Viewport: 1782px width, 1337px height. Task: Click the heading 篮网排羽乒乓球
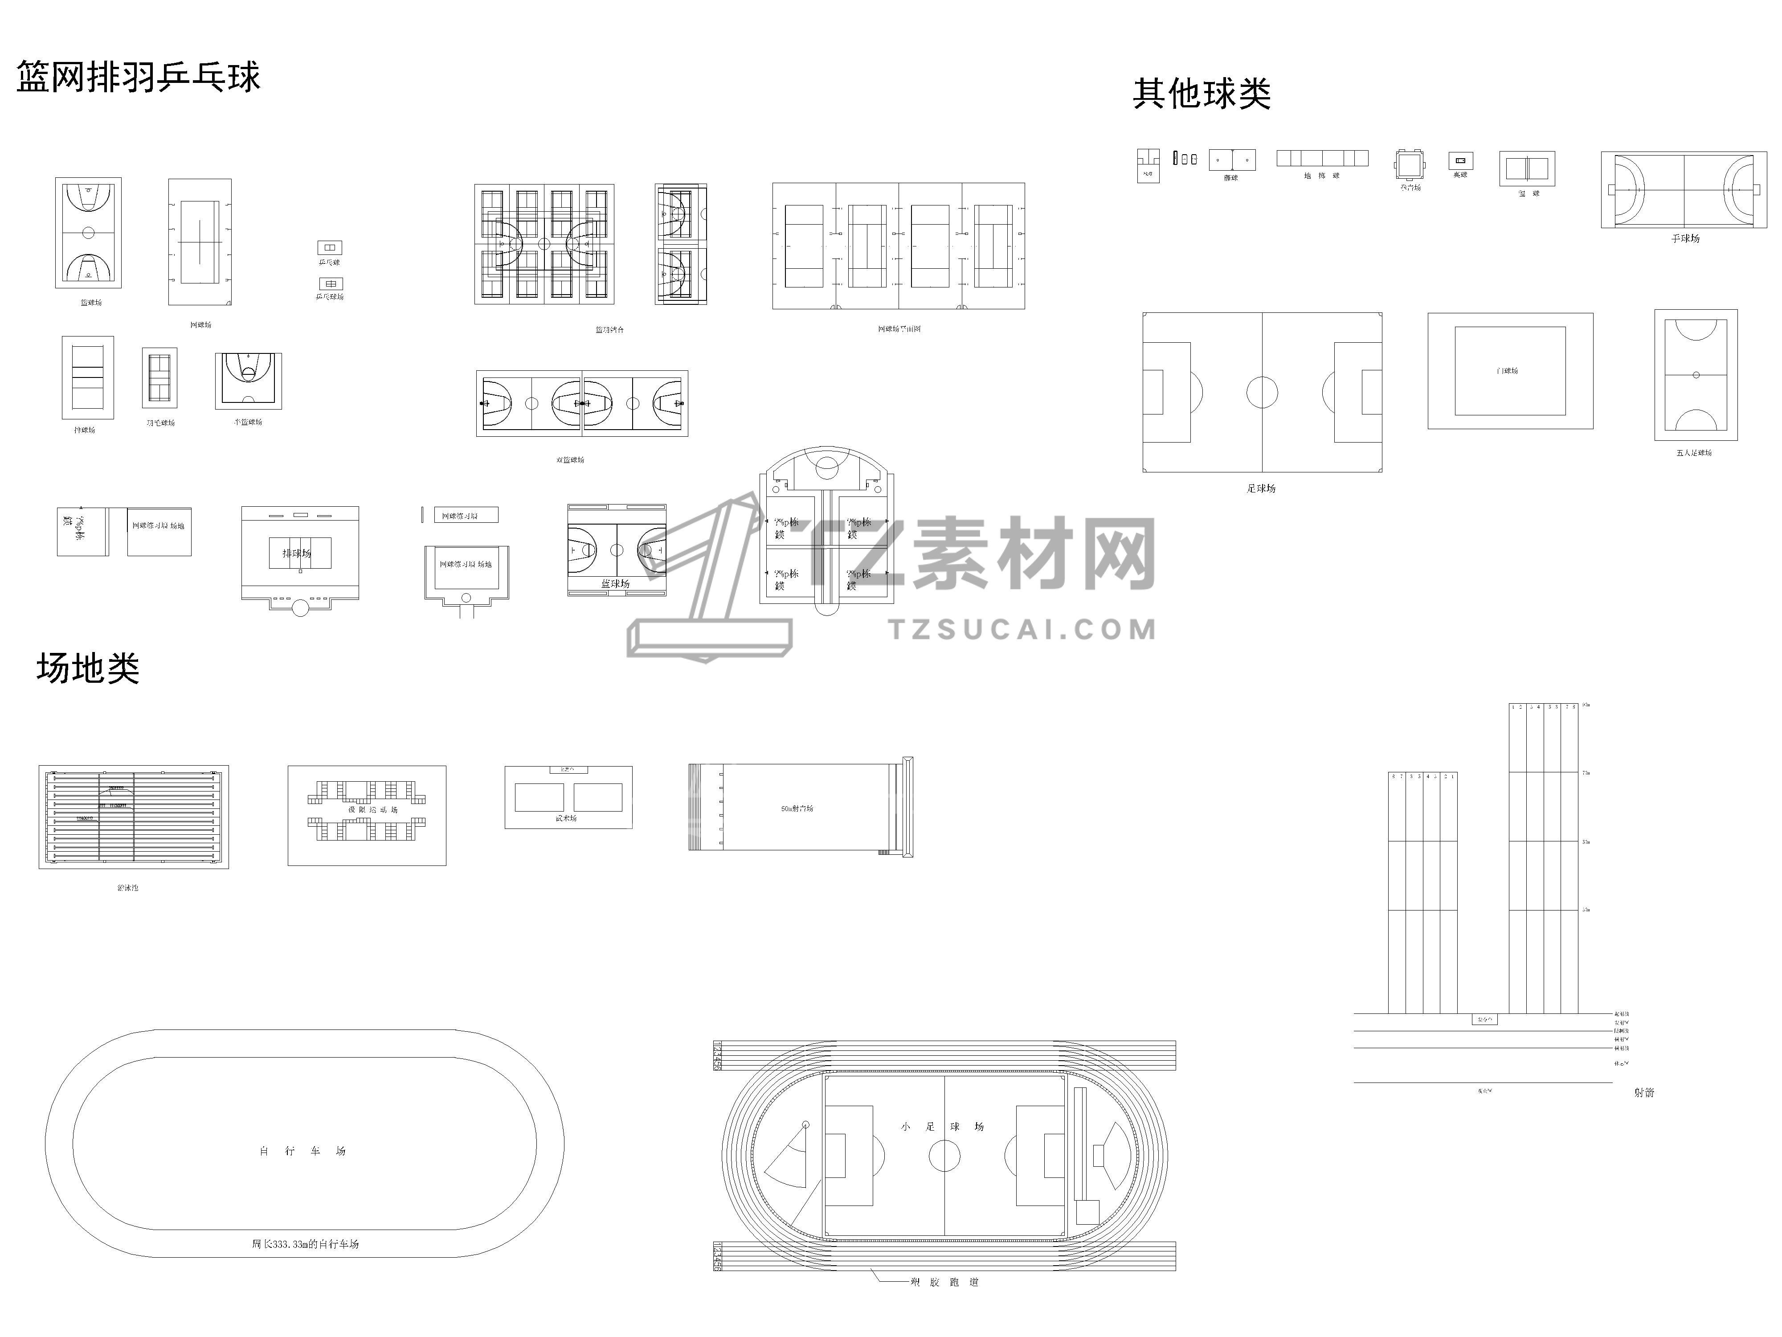coord(139,78)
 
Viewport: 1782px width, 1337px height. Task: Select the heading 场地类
coord(88,669)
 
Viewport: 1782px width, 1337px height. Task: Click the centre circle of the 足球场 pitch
coord(1262,393)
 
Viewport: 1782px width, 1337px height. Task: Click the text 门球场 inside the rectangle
coord(1507,371)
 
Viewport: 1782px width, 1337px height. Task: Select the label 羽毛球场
coord(160,423)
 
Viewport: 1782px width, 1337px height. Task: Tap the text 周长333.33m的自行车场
coord(305,1244)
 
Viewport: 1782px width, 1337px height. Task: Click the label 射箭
coord(1644,1093)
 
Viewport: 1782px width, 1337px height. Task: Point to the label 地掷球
coord(1321,176)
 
